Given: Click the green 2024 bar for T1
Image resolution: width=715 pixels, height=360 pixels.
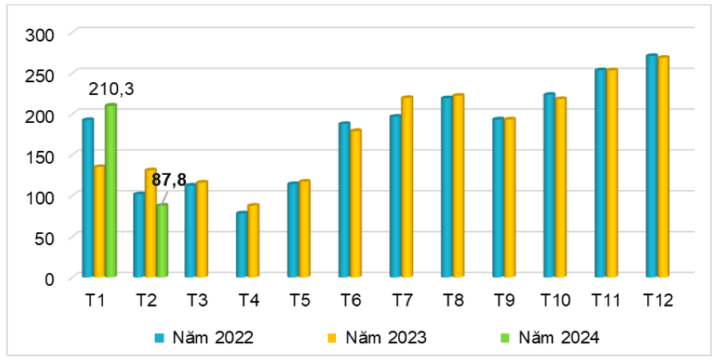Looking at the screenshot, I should point(111,191).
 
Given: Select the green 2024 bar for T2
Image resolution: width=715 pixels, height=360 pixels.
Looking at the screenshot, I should point(162,241).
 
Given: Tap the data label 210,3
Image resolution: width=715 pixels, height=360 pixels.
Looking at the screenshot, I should point(111,89).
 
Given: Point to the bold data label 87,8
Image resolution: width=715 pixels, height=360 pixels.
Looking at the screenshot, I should point(169,180).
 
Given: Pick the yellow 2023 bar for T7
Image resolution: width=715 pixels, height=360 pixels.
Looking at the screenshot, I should point(407,187).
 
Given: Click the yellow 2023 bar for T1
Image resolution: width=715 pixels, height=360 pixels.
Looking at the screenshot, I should point(99,221).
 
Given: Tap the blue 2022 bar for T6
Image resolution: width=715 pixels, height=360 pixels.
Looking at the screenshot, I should point(344,200).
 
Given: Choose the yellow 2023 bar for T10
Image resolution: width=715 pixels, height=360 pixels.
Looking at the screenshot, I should point(561,188).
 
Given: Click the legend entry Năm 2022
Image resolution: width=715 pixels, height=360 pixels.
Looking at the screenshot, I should point(205,338).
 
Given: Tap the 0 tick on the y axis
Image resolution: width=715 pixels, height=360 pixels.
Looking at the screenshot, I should point(49,279).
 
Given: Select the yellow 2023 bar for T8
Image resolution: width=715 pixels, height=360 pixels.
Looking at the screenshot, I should point(458,186).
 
